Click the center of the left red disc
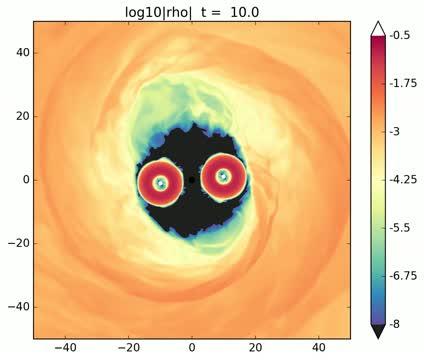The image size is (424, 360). (158, 181)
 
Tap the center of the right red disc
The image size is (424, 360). (222, 177)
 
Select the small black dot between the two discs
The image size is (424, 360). (192, 180)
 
